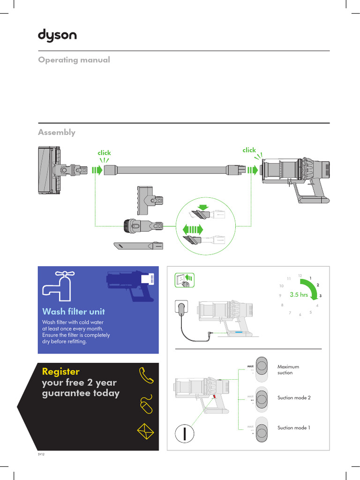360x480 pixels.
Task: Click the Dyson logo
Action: click(57, 35)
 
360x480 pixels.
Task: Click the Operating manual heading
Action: click(74, 60)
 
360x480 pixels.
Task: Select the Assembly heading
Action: click(57, 133)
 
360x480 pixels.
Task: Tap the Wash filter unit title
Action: click(74, 312)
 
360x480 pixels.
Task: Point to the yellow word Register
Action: click(61, 372)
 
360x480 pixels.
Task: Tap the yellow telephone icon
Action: click(146, 375)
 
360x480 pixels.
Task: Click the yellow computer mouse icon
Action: click(146, 404)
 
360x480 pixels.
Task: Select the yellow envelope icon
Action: click(146, 432)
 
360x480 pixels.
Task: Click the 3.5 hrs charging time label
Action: click(299, 295)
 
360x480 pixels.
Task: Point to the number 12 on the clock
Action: click(300, 275)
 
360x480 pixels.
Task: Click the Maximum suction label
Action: click(288, 369)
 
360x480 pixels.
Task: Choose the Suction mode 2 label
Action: click(294, 397)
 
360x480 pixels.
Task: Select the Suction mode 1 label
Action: click(293, 427)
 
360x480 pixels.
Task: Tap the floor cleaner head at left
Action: click(48, 169)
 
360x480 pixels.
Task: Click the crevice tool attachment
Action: click(138, 245)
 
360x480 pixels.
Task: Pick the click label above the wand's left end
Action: click(104, 153)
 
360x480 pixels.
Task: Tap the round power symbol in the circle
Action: click(185, 434)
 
